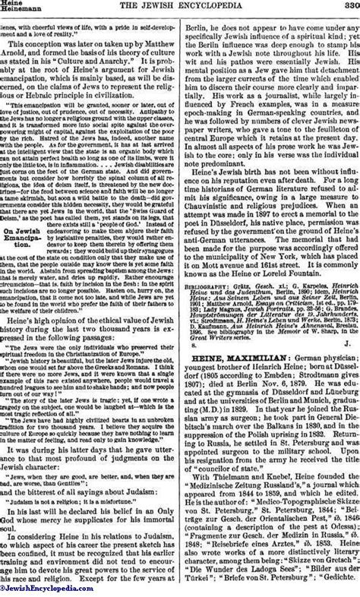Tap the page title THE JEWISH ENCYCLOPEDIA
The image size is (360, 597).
[x=178, y=7]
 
